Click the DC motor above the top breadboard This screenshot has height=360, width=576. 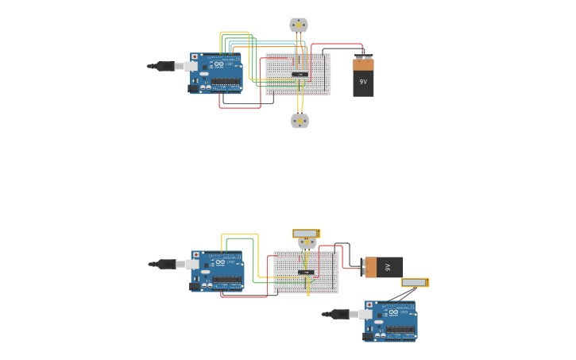[298, 25]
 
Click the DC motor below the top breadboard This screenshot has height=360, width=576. [300, 121]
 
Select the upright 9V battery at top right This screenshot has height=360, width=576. [363, 77]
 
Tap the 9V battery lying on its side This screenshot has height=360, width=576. [383, 267]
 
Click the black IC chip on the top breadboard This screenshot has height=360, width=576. [300, 75]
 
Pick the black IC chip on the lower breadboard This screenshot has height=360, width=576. [306, 273]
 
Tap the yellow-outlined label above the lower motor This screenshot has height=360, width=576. [306, 234]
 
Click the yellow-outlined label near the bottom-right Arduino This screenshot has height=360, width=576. [415, 282]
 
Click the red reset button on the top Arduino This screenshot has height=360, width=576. [195, 57]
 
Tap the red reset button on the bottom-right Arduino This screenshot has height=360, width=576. [369, 305]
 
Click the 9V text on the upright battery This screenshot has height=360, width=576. [363, 82]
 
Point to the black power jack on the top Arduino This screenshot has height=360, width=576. [193, 87]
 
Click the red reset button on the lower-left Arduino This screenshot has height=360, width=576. [195, 255]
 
